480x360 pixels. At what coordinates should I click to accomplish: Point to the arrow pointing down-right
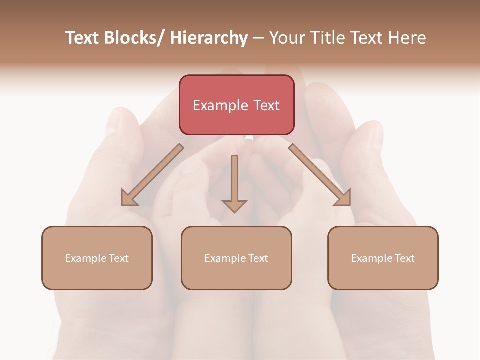coord(320,175)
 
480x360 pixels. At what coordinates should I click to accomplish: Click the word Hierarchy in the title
coord(209,38)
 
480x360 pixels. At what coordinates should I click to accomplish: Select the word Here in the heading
coord(406,38)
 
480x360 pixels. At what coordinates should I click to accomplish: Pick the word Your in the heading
coord(287,38)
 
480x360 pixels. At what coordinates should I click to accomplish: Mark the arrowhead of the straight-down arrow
coord(234,205)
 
